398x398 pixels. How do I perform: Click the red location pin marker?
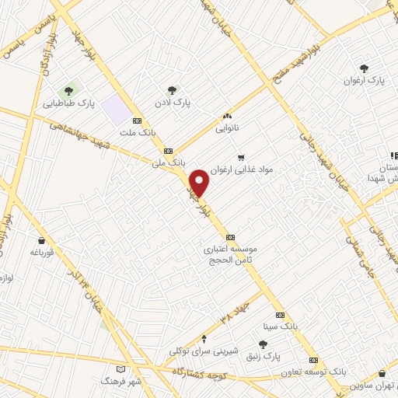click(201, 183)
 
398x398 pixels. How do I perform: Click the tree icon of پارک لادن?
click(172, 90)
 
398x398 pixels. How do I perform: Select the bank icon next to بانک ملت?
click(137, 121)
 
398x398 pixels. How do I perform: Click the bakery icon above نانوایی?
click(227, 116)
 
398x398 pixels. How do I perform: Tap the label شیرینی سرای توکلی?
click(203, 350)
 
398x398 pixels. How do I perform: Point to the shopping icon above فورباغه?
click(40, 240)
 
